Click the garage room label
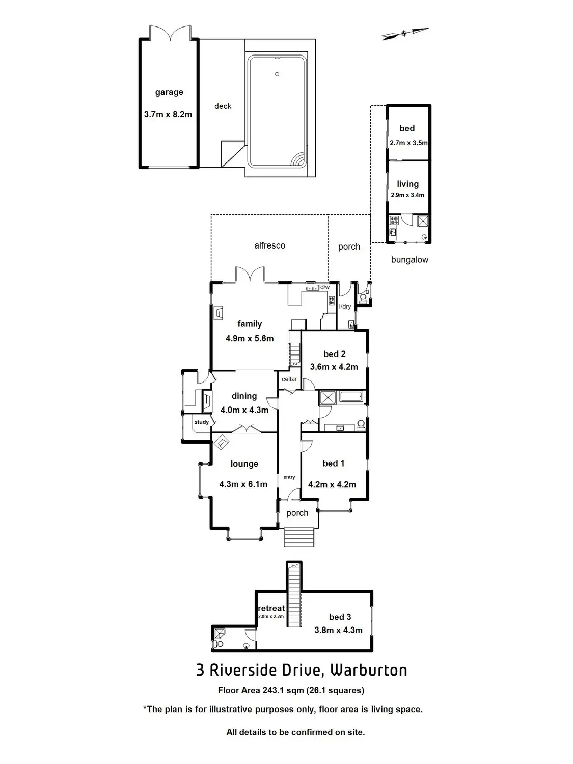click(169, 92)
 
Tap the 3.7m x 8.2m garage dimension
click(168, 115)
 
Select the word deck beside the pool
click(223, 106)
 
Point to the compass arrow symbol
click(405, 34)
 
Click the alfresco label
click(269, 245)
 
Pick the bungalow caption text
click(410, 260)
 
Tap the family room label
click(250, 324)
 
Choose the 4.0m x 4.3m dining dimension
click(244, 410)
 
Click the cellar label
click(289, 379)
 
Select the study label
click(202, 422)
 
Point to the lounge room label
click(244, 464)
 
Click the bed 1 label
click(334, 463)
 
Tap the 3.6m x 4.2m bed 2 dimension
click(334, 367)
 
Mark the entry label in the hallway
click(289, 477)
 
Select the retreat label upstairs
click(271, 608)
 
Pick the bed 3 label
click(340, 617)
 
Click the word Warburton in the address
click(369, 670)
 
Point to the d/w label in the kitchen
click(325, 287)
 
